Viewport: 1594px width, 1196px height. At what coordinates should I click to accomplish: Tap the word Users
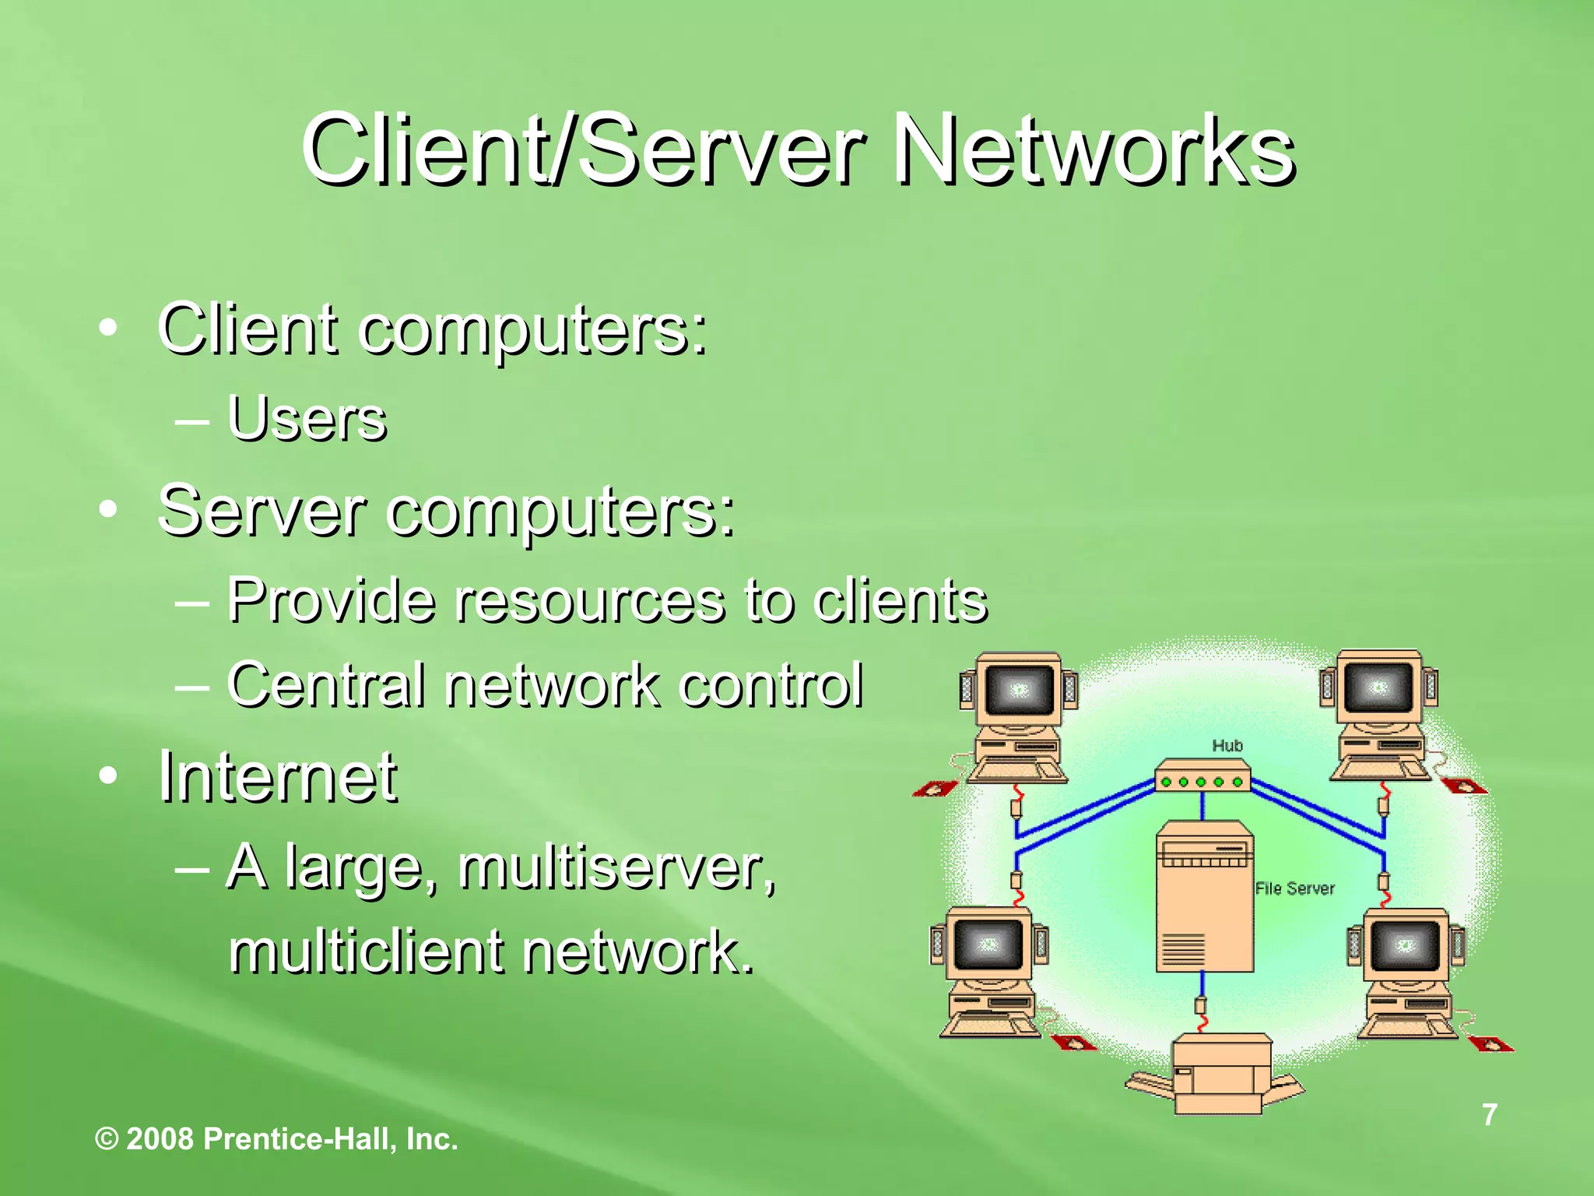click(307, 419)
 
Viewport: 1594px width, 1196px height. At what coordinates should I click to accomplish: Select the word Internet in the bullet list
click(278, 776)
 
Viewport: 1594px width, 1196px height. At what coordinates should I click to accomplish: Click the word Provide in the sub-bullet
click(332, 600)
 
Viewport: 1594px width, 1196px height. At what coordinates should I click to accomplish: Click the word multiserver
click(616, 868)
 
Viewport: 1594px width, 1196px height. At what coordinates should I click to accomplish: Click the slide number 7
click(1489, 1114)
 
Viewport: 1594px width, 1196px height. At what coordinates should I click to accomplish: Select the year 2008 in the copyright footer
click(160, 1139)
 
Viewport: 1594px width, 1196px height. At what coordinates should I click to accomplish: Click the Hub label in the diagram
click(1227, 746)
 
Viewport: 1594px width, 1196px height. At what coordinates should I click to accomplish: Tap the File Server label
click(1294, 888)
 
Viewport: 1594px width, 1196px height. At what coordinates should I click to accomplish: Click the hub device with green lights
click(1202, 779)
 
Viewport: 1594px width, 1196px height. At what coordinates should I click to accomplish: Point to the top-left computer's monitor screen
click(1020, 690)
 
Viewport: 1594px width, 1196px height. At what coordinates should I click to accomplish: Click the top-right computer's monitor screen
click(1378, 688)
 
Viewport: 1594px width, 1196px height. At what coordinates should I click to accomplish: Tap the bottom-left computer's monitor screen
click(988, 944)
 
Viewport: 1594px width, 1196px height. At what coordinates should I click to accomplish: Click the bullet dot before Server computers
click(109, 510)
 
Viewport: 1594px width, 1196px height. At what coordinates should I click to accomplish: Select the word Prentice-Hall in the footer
click(301, 1139)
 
